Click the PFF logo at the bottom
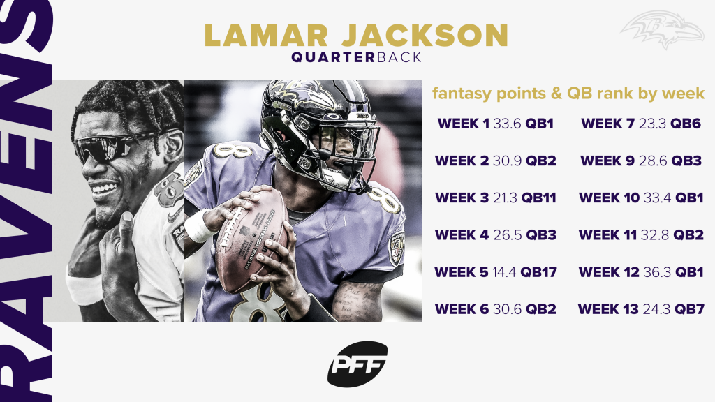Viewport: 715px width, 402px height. tap(357, 364)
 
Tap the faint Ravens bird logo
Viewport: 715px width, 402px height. tap(662, 29)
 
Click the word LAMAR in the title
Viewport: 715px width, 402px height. tap(266, 36)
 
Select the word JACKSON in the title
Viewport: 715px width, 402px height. tap(425, 36)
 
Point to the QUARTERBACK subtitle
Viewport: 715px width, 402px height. tap(357, 58)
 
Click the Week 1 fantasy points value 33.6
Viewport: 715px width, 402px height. tap(507, 124)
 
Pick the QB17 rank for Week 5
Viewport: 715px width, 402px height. tap(538, 272)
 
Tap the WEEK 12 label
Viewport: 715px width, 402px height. tap(609, 272)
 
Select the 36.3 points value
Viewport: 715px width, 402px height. tap(657, 272)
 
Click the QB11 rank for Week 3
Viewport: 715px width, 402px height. tap(539, 198)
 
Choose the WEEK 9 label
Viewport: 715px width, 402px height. tap(607, 161)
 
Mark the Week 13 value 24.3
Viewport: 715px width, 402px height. tap(656, 309)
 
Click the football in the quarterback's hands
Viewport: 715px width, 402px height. tap(251, 241)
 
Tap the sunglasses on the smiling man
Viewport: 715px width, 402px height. tap(112, 146)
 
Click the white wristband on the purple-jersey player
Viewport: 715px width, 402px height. tap(199, 226)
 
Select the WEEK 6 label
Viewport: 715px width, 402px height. tap(462, 309)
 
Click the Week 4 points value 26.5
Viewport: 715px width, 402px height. tap(507, 235)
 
